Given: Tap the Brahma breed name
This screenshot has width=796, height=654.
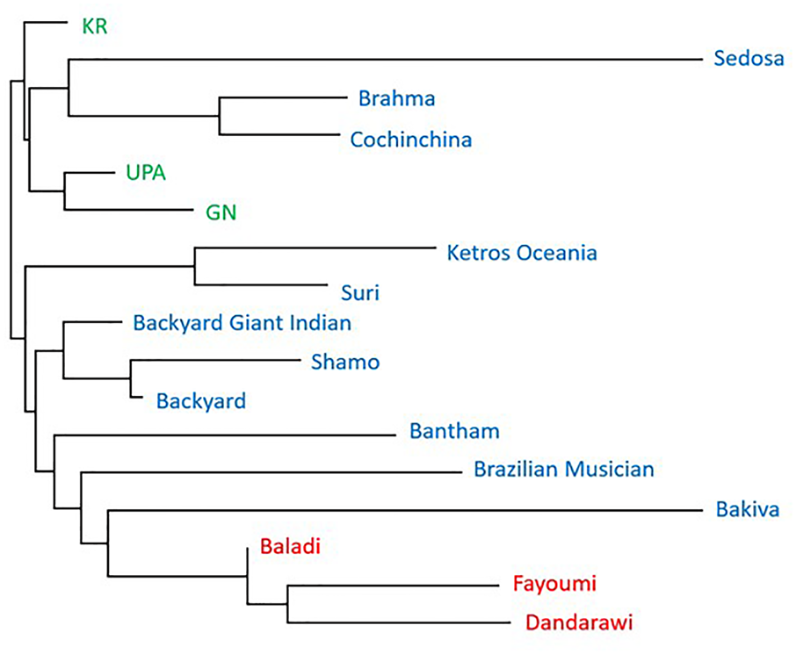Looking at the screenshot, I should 396,97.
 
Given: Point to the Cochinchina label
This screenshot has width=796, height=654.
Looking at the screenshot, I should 410,139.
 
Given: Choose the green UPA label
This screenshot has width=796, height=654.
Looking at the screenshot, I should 146,173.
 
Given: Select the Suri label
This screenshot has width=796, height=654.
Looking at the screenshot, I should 359,291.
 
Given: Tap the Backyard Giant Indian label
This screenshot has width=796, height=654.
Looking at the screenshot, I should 242,322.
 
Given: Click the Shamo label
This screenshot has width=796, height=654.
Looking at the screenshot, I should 345,362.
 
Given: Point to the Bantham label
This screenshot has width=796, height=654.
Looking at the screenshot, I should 454,431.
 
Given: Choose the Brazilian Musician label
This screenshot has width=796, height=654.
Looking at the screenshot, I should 564,469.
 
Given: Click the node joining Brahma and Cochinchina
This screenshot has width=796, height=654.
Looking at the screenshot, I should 219,115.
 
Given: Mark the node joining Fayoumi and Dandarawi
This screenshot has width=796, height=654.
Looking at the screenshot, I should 287,603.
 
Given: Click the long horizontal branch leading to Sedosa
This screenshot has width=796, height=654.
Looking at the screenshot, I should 387,59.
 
